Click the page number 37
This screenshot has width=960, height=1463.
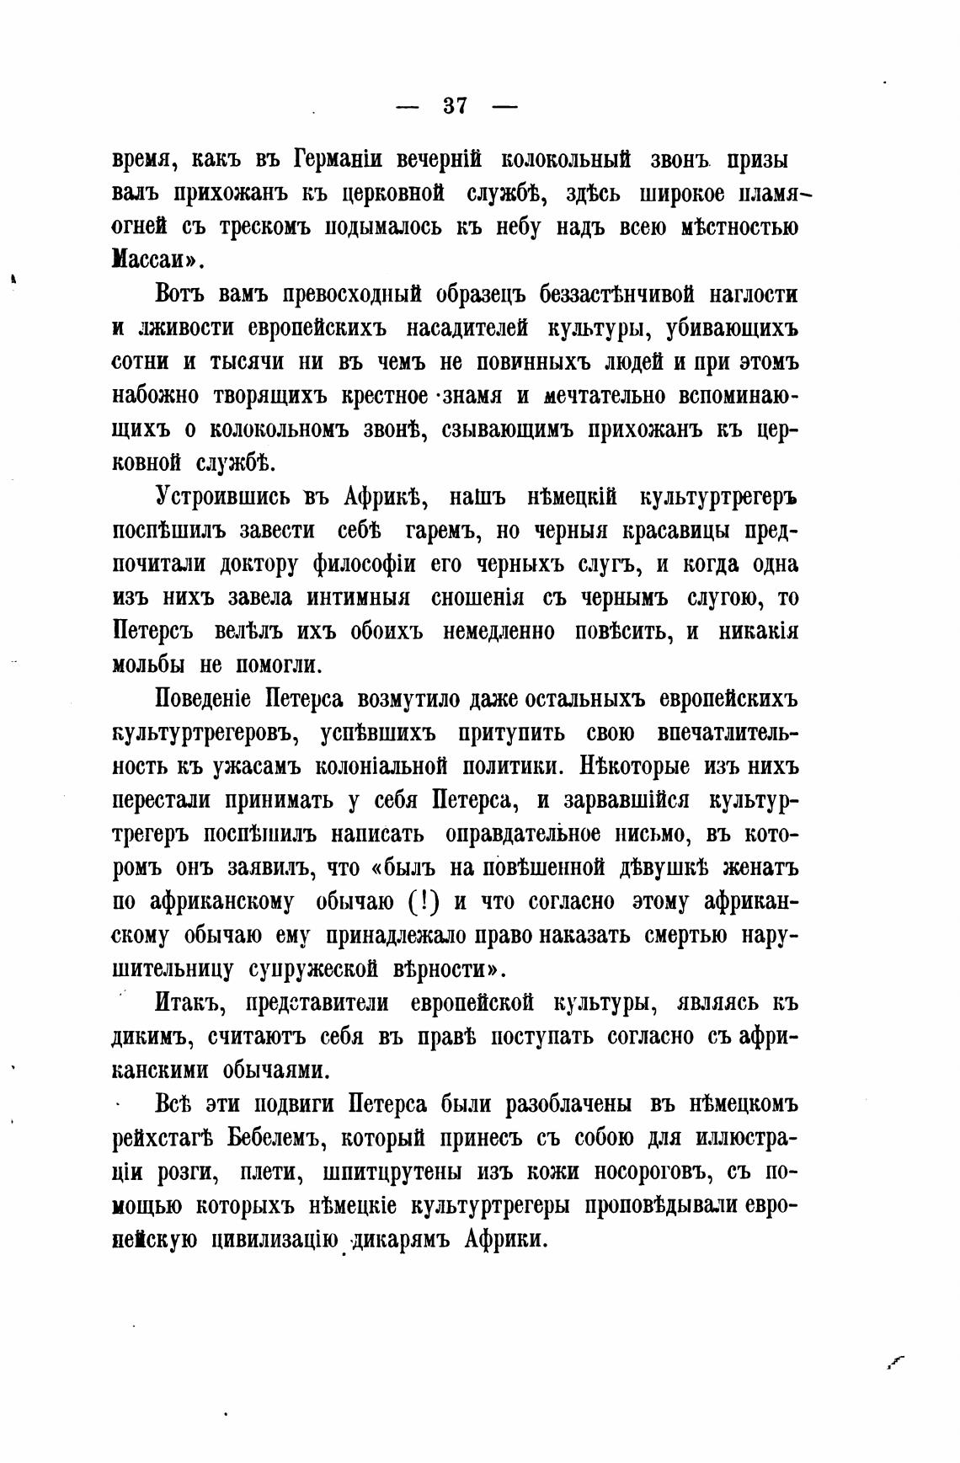coord(455,107)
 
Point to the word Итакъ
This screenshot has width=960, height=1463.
coord(188,1003)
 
